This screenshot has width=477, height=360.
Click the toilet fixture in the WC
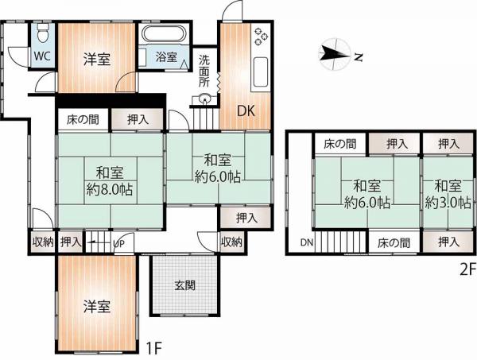[x=43, y=33]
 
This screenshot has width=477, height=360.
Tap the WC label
[x=42, y=56]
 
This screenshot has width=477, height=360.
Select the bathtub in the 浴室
[x=165, y=34]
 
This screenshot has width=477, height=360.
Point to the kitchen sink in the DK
[x=261, y=72]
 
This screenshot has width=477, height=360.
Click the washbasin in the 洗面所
[x=204, y=99]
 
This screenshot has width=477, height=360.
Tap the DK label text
[x=246, y=111]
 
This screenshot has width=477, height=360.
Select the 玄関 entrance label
[x=184, y=285]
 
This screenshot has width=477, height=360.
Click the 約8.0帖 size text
[x=110, y=190]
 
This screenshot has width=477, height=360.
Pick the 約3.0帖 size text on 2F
[x=448, y=203]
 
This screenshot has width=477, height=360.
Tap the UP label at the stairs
[x=119, y=244]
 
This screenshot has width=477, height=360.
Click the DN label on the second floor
[x=307, y=242]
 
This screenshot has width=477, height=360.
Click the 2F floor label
[x=467, y=269]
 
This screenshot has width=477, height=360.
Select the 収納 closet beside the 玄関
[x=232, y=242]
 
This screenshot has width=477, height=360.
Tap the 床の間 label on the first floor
[x=83, y=119]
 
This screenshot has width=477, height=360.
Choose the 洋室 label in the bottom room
[x=97, y=307]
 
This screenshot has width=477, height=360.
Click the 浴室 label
[x=166, y=56]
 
